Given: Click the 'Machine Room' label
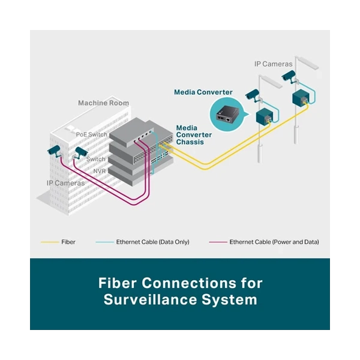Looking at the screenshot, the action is pos(104,103).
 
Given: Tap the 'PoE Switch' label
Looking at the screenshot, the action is pos(92,134).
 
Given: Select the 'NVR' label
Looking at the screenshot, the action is pos(100,171).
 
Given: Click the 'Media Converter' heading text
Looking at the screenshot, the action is pos(203,92).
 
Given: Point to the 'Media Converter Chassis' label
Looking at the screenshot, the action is pos(194,135).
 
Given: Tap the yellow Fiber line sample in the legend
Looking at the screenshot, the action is pos(50,242).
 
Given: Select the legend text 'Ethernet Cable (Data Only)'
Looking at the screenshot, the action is pos(152,242).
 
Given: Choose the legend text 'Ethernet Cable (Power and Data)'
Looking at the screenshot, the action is pos(274,242).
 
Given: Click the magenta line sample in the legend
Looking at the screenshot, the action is pos(218,242).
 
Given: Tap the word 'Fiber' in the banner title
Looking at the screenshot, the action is pos(118,283).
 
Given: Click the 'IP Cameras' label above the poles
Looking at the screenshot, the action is pos(273,64).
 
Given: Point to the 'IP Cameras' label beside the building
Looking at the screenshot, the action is pos(65,183).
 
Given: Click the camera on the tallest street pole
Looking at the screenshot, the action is pos(289,76).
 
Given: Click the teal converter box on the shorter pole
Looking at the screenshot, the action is pos(264,116).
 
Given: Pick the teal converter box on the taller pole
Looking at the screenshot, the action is pos(301,97).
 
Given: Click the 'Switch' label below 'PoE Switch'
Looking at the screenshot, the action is pos(96,159).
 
